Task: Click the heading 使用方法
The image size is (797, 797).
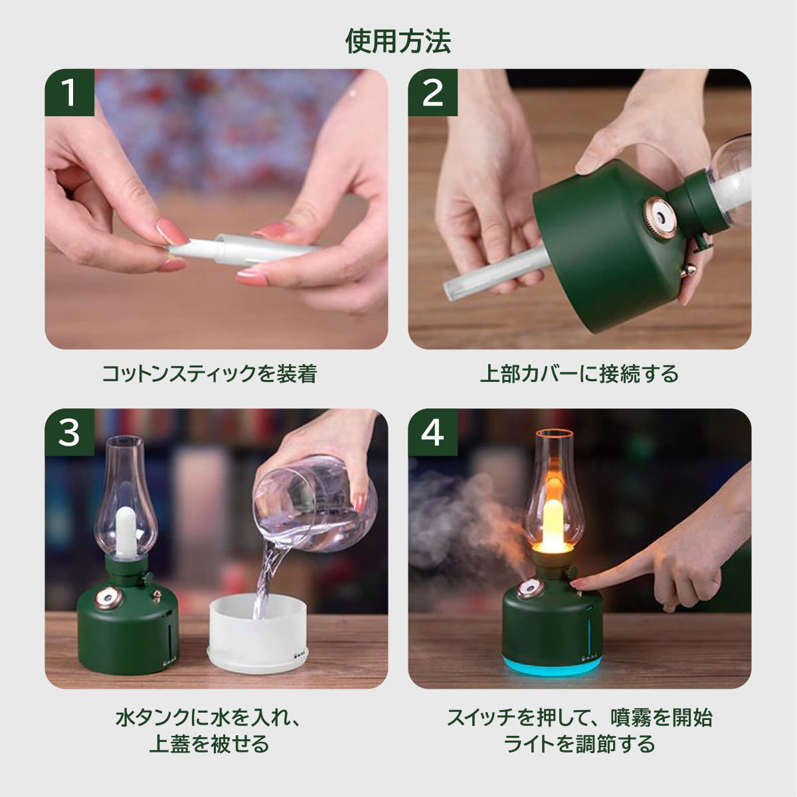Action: (x=398, y=41)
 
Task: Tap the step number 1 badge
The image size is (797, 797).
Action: (x=69, y=92)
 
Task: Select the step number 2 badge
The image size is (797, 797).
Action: (x=432, y=92)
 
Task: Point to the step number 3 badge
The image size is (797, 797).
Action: (x=69, y=432)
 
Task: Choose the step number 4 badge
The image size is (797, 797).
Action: (x=432, y=432)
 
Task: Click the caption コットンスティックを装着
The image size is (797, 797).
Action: (x=209, y=373)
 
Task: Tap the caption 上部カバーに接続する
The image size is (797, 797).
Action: (x=579, y=373)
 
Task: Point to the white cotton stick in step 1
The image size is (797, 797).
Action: (x=242, y=249)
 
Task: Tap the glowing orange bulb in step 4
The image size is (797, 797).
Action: (x=553, y=525)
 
